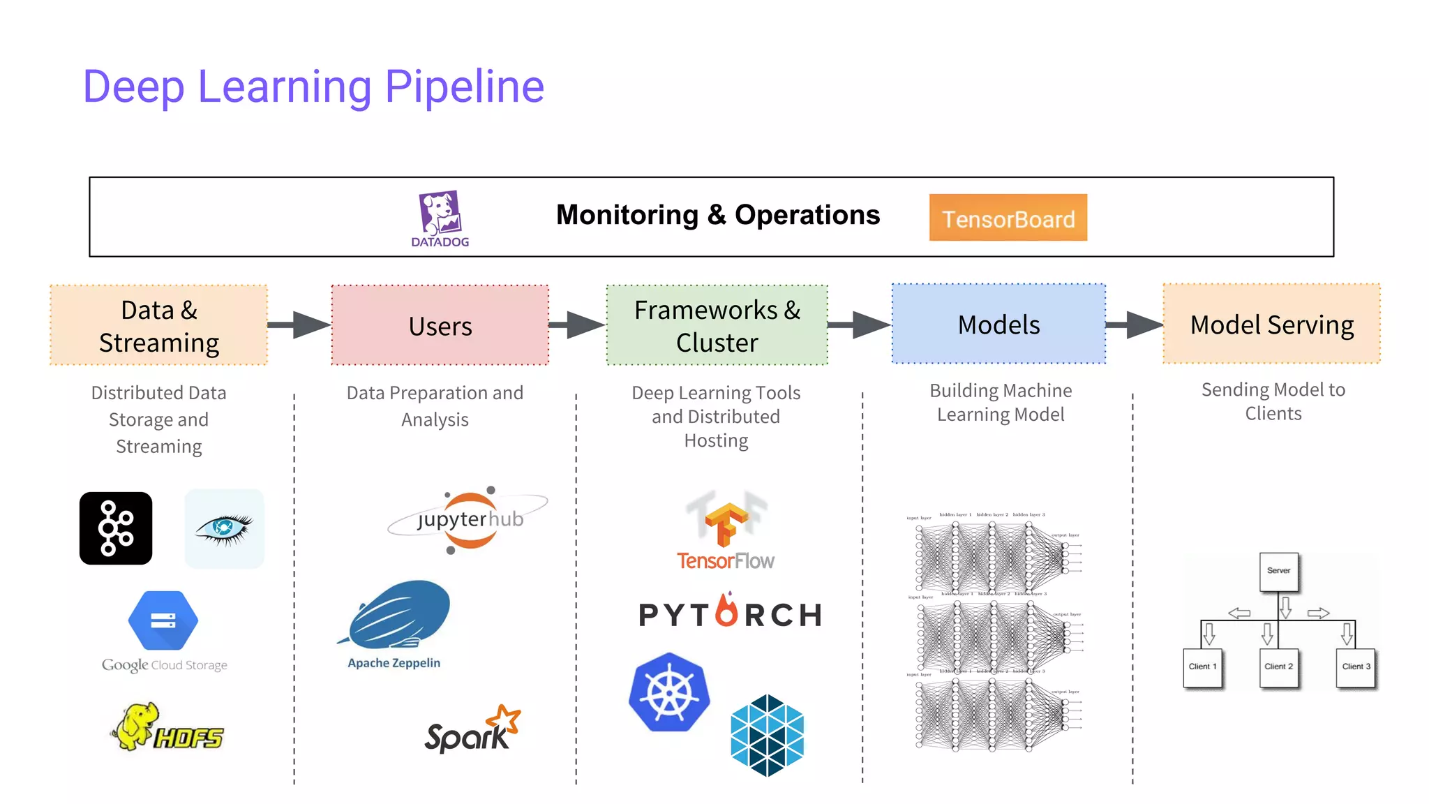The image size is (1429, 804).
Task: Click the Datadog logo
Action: (x=440, y=217)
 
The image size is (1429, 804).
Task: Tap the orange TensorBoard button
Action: (x=1008, y=218)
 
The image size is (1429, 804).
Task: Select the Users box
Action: (x=440, y=325)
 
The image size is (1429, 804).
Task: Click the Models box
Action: (x=998, y=324)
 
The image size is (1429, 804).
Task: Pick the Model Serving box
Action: (x=1271, y=324)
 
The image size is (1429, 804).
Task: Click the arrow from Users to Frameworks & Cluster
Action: (x=578, y=325)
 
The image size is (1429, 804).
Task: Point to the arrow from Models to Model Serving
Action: (x=1135, y=325)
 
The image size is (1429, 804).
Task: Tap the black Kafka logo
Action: (x=116, y=528)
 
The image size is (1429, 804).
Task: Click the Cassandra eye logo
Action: (x=224, y=528)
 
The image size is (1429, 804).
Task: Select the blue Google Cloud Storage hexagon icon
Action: (x=163, y=620)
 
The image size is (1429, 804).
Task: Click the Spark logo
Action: (x=472, y=730)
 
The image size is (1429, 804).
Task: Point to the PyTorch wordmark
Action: (x=730, y=613)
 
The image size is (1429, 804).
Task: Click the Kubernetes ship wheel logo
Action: (x=669, y=693)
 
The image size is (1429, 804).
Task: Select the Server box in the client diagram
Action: (x=1278, y=572)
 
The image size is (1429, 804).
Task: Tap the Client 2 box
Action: (x=1278, y=667)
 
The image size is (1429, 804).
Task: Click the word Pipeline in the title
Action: (x=464, y=88)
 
